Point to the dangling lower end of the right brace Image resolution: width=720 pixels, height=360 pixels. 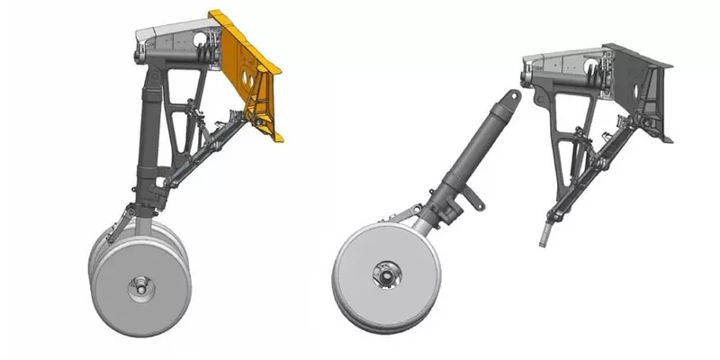point(544,237)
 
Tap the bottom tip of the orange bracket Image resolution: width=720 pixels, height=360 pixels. point(278,138)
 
